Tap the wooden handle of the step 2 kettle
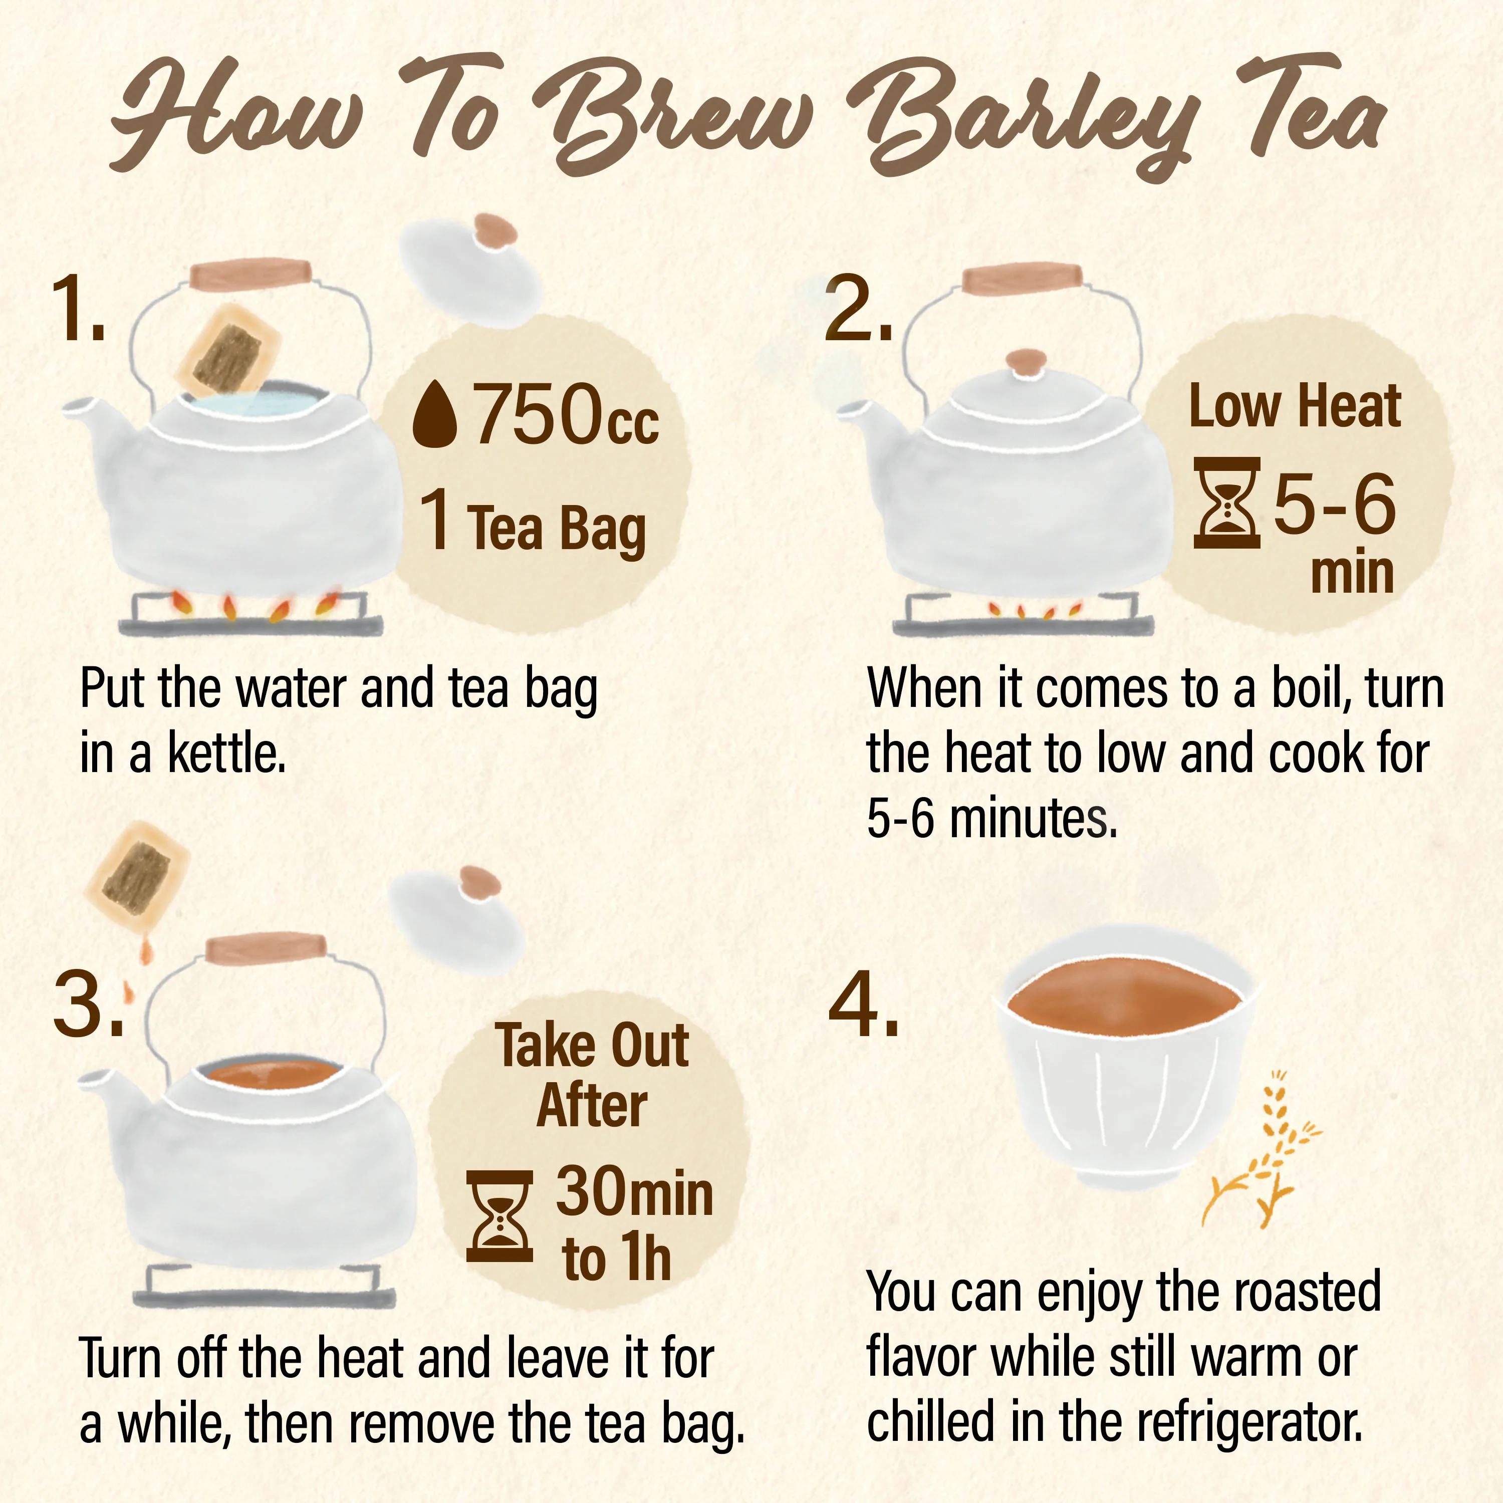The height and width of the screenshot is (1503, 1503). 1022,280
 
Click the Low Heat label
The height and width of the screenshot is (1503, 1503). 1295,407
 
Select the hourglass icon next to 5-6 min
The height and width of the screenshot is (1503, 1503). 1227,504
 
